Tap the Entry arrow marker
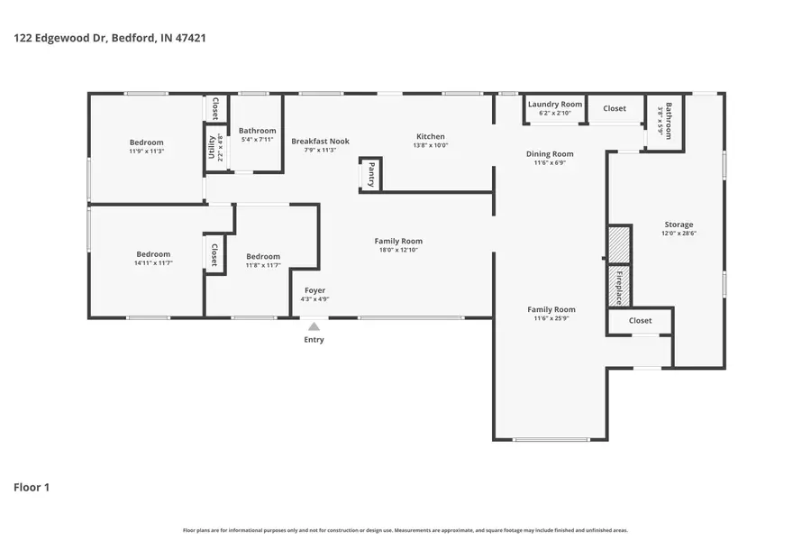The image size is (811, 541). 314,327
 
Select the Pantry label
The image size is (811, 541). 371,174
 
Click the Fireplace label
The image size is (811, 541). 619,286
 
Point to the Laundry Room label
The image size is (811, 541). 555,105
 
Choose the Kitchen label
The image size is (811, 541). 430,137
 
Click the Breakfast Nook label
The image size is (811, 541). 320,141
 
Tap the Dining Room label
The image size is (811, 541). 550,154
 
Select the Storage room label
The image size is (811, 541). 679,225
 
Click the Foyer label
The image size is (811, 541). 314,290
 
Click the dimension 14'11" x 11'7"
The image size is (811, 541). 153,263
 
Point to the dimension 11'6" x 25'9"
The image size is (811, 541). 551,318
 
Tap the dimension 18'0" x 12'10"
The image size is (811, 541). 398,250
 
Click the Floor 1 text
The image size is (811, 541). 32,488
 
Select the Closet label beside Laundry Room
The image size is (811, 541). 615,108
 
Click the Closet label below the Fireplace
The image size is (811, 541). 640,320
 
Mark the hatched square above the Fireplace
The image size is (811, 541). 619,244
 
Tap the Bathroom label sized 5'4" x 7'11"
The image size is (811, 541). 258,132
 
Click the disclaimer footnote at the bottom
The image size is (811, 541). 405,530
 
